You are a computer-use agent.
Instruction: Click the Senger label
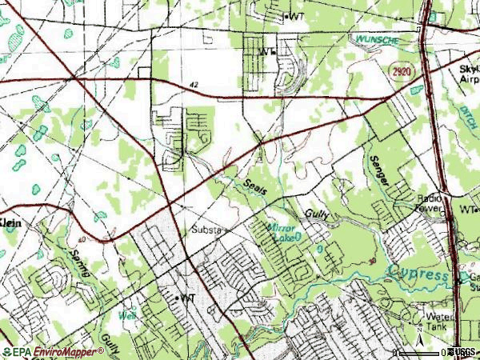(379, 170)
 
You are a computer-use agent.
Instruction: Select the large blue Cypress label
(419, 275)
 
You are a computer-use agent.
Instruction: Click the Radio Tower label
(429, 203)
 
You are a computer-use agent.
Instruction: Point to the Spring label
(80, 264)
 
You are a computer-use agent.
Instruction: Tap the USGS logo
(461, 352)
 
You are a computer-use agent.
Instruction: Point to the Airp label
(469, 81)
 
